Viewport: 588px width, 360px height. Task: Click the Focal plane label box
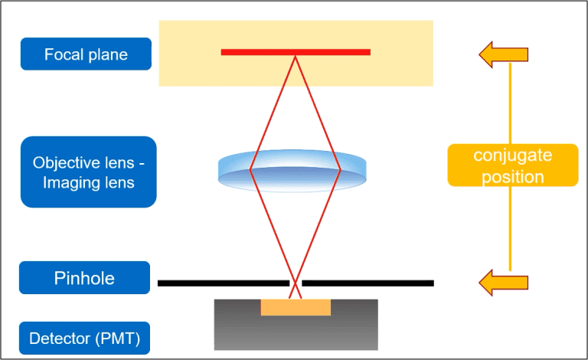coord(86,54)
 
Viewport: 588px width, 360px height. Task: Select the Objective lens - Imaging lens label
coord(88,172)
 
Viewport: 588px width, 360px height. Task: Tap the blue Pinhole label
coord(85,277)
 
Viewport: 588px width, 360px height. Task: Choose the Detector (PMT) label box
coord(85,338)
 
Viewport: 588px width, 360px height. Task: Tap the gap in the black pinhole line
coord(296,283)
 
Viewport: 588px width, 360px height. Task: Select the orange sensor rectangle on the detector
coord(296,307)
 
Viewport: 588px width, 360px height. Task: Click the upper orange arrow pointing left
coord(503,54)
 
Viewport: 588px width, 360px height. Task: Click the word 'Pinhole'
coord(85,277)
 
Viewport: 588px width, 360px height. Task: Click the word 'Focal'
coord(62,54)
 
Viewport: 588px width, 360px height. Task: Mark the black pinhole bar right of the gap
coord(367,283)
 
